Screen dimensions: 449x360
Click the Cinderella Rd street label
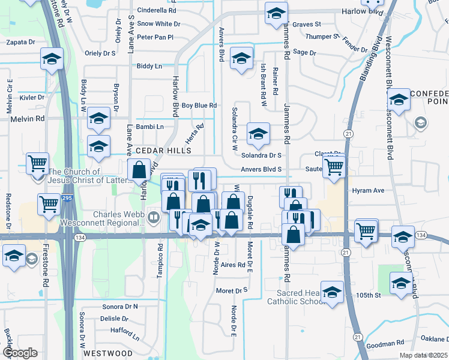coord(157,10)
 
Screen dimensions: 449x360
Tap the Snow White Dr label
coord(158,23)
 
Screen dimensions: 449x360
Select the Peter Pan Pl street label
coord(155,37)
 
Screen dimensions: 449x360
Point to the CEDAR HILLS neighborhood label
coord(163,151)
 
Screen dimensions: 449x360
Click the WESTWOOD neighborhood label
coord(108,353)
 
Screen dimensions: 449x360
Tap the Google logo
coord(20,353)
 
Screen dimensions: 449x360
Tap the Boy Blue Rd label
coord(199,106)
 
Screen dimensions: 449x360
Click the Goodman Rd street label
coord(385,344)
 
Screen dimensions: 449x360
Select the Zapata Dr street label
coord(20,43)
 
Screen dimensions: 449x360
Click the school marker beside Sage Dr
coord(241,59)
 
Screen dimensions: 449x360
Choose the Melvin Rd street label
coord(28,119)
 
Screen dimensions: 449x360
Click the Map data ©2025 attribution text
coord(423,355)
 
